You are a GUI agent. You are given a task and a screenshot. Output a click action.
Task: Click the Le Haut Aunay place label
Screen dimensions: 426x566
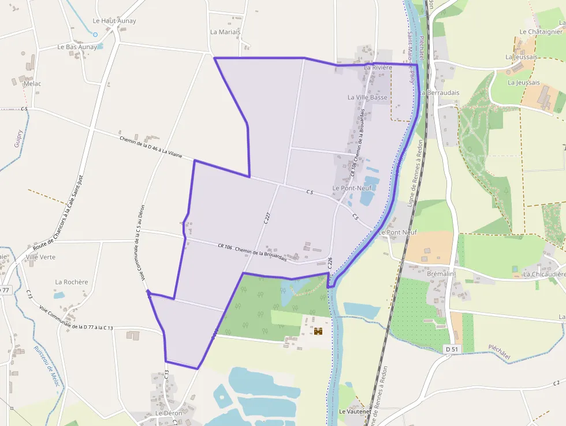coord(114,21)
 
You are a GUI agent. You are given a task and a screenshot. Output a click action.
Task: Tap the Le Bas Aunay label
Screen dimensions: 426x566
coord(77,47)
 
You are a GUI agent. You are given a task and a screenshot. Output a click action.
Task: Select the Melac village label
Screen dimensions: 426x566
coord(32,84)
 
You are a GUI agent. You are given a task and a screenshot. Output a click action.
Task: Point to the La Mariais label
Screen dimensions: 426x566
coord(225,32)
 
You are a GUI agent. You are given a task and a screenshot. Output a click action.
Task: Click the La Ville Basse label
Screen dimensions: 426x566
coord(367,98)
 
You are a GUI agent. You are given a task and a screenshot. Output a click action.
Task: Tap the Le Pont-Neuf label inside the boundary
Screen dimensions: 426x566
coord(352,188)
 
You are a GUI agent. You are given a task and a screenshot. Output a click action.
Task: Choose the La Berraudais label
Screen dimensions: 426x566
coord(440,92)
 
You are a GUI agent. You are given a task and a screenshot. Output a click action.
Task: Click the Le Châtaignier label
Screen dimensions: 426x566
coord(541,32)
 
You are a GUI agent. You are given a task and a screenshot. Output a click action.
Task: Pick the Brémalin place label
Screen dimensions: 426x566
coord(441,273)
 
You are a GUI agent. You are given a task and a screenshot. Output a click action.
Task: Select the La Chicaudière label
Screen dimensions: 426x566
coord(544,274)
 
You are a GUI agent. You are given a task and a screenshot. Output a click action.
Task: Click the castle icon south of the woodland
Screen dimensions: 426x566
coord(318,332)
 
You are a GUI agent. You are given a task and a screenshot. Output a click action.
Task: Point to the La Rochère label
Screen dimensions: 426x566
coord(72,282)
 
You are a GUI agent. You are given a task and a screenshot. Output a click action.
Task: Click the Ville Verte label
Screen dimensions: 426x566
coord(40,257)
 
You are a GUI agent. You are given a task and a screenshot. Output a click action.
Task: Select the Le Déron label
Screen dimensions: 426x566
coord(169,413)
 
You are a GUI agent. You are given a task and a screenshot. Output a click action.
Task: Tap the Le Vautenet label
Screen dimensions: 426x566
coord(355,412)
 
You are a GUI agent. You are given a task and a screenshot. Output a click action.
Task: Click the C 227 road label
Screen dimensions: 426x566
coord(267,218)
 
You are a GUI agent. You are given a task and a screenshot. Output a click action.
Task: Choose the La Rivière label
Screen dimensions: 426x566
coord(378,68)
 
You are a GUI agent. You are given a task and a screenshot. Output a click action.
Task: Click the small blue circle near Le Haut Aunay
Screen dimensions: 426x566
coord(95,35)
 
